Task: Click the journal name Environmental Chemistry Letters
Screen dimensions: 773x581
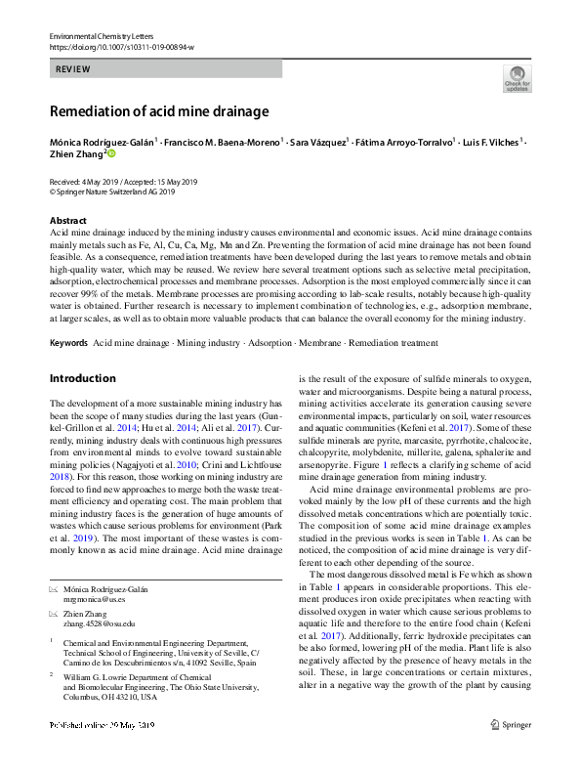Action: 99,35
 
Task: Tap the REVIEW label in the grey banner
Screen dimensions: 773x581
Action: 73,69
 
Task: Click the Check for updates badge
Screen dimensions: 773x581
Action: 517,78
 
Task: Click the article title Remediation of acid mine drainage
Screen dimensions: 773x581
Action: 158,111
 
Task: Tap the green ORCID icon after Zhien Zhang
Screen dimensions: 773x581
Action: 110,153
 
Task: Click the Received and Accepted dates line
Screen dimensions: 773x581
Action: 123,182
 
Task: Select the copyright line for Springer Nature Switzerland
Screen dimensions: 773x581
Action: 112,193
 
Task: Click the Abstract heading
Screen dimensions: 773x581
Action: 68,221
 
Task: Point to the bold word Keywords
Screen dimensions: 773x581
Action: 68,344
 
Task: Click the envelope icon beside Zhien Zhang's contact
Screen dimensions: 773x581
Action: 55,613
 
